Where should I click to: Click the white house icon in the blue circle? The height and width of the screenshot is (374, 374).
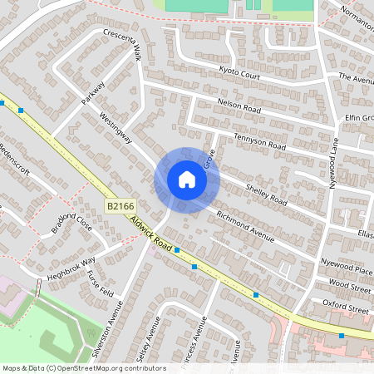coord(187,179)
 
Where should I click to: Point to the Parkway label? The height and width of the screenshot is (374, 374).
coord(93,92)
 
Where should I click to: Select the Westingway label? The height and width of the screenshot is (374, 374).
coord(115,127)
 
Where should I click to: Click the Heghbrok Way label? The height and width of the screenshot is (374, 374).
coord(71,266)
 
